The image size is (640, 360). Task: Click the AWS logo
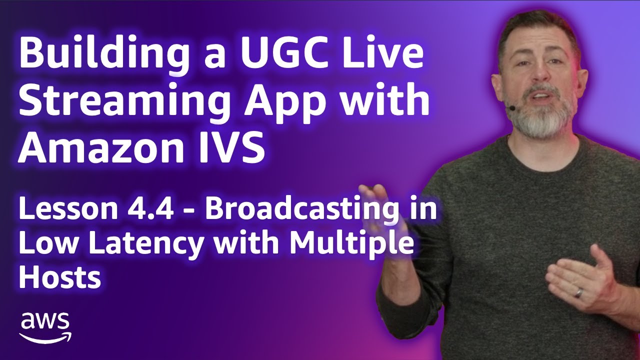click(x=45, y=327)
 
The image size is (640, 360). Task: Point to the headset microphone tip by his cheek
click(x=510, y=107)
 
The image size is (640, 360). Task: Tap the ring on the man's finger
click(x=578, y=292)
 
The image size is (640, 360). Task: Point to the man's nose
click(x=544, y=75)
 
